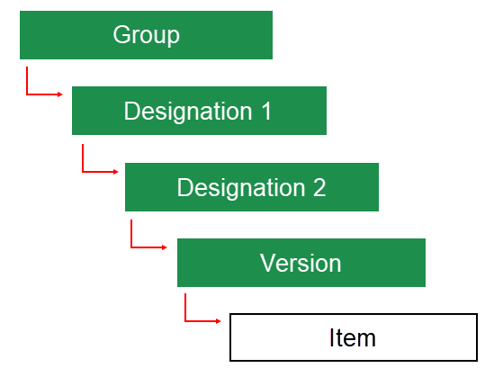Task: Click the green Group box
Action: point(146,35)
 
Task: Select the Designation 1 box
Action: point(199,111)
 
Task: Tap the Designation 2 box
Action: point(251,187)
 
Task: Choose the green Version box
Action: point(301,263)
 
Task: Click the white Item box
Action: point(352,337)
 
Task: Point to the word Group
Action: point(146,35)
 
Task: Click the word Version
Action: point(301,263)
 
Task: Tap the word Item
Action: point(352,338)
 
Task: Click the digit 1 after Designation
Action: point(265,111)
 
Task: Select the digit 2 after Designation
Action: point(319,187)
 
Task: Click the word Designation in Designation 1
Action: point(187,111)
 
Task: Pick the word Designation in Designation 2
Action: point(240,187)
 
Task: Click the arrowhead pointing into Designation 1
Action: point(60,94)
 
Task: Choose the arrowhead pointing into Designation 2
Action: point(114,171)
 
